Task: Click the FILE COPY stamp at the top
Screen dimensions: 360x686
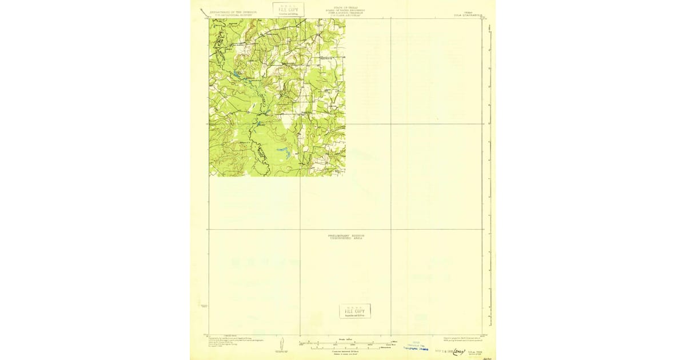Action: tap(289, 9)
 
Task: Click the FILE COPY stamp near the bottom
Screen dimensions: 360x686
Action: tap(354, 311)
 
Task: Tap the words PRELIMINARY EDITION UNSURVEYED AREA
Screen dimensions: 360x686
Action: tap(346, 237)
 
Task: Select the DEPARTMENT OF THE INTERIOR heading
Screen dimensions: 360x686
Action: tap(233, 11)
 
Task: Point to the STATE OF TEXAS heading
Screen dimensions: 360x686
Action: tap(344, 7)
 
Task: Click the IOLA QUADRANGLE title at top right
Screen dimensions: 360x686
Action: tap(467, 11)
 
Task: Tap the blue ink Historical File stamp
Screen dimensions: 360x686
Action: tap(416, 346)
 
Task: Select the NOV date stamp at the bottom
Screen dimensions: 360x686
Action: tap(443, 352)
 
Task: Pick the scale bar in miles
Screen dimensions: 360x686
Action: tap(346, 343)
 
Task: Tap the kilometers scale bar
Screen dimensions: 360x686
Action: tap(346, 348)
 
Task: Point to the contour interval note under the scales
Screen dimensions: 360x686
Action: tap(346, 352)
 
